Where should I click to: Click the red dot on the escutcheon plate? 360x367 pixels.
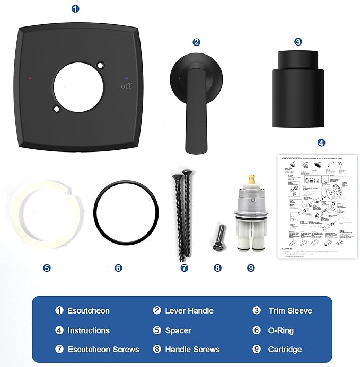30,77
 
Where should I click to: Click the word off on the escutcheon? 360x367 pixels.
126,86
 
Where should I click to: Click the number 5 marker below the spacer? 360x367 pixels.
47,268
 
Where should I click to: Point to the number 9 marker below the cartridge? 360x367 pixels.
251,268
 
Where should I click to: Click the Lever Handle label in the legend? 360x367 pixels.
189,311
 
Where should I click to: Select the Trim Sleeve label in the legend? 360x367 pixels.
289,311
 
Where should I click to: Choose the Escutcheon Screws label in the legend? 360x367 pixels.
103,349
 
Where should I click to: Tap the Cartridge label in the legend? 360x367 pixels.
285,349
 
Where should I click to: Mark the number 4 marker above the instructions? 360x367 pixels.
321,142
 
